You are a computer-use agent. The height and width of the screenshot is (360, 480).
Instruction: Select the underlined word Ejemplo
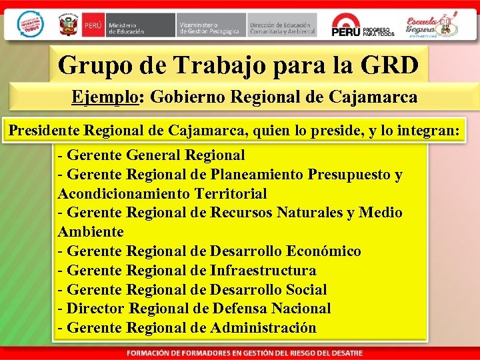click(105, 97)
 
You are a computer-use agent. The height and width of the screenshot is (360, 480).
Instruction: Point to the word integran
click(426, 131)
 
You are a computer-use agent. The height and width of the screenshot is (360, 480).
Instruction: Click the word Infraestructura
click(263, 271)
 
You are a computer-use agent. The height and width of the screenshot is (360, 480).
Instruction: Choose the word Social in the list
click(305, 290)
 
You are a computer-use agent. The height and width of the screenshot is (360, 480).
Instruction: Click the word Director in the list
click(96, 309)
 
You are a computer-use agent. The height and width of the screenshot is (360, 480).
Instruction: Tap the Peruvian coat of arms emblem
click(69, 25)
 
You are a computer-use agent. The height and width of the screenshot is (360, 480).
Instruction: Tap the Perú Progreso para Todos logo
click(363, 25)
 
